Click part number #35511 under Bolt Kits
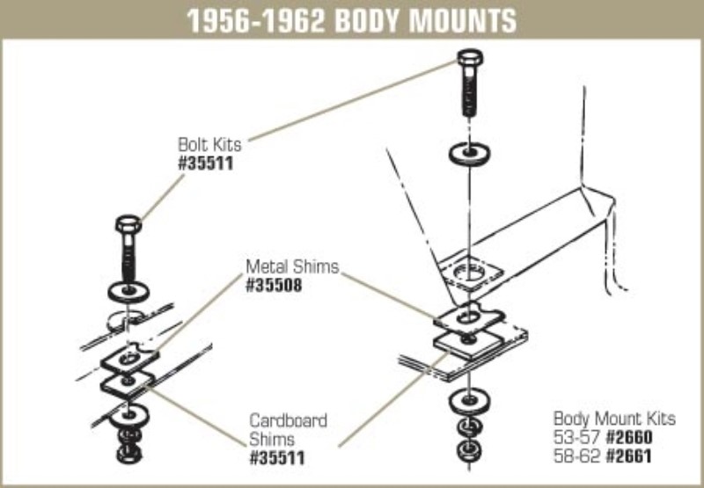206,164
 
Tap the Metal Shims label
292,266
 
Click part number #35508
274,285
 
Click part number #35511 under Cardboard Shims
279,458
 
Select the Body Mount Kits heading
613,418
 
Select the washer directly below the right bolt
470,152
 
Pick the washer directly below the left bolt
128,289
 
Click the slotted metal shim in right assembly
470,315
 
